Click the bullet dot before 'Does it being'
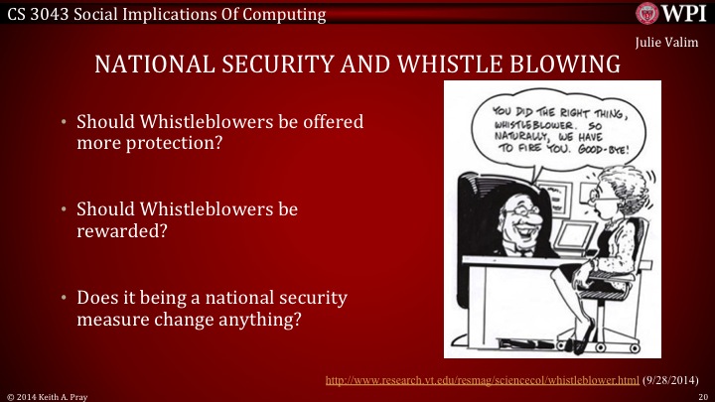(63, 299)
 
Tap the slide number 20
(701, 395)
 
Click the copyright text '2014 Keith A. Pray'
(48, 395)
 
